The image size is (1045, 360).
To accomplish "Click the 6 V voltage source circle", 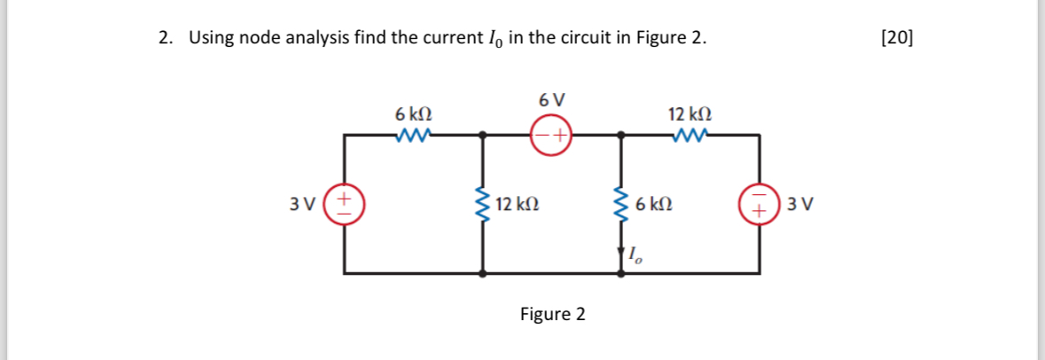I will click(551, 135).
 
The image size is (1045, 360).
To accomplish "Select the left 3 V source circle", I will click(345, 204).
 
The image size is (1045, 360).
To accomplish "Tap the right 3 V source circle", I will click(759, 204).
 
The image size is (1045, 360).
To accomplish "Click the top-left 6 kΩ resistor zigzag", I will click(414, 135).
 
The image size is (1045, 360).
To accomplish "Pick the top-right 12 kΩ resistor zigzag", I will click(690, 135).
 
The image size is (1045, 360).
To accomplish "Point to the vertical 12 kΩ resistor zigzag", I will click(483, 205).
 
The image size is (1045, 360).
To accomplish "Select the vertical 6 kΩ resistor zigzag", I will click(620, 205).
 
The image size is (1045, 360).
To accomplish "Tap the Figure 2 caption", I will click(552, 314).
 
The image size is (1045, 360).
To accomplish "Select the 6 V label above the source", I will click(551, 99).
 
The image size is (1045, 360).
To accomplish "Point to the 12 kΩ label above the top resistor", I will click(690, 114).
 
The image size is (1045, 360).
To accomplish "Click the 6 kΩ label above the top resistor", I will click(414, 114).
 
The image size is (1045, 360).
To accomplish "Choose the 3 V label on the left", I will click(303, 205).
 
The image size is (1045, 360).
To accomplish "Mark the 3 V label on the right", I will click(800, 205).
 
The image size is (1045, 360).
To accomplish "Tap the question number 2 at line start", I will click(164, 38).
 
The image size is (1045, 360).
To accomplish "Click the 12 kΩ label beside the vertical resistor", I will click(518, 205).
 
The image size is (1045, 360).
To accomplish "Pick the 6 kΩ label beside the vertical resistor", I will click(653, 205).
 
